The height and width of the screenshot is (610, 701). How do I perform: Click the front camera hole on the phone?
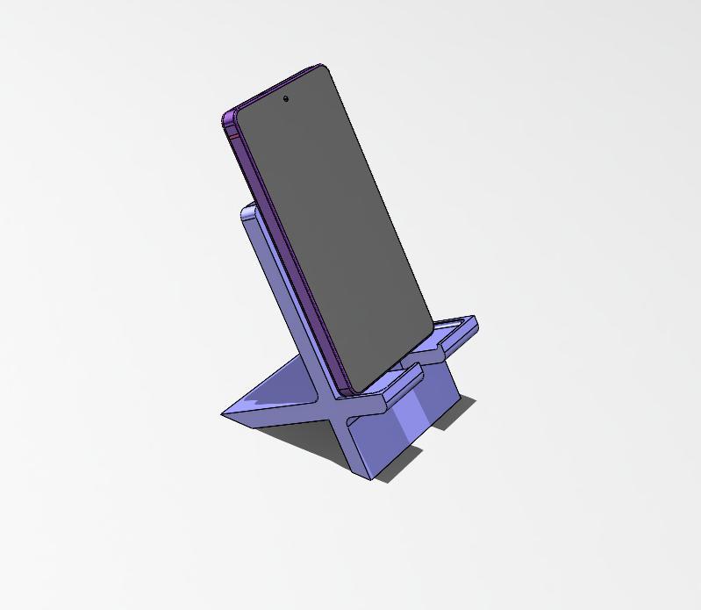pos(286,99)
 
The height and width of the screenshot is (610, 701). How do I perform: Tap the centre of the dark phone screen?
pos(333,228)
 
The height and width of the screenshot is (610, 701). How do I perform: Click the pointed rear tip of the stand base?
pos(225,413)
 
